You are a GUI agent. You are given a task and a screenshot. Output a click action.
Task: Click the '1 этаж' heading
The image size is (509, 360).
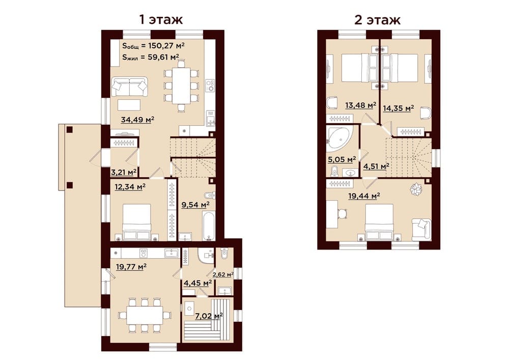click(x=161, y=19)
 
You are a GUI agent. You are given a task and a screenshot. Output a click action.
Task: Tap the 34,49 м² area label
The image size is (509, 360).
click(x=137, y=120)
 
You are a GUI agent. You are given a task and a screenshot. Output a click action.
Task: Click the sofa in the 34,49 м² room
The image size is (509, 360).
click(x=129, y=87)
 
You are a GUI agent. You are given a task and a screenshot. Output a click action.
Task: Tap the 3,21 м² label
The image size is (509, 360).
click(x=123, y=172)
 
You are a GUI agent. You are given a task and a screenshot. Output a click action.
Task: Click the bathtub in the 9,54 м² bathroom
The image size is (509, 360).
click(x=208, y=226)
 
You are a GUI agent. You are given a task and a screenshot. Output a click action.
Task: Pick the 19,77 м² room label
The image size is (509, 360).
click(x=131, y=267)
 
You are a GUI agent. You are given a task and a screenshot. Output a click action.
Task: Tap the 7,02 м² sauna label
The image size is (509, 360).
click(x=208, y=316)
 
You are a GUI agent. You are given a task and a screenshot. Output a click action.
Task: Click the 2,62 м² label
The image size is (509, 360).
click(x=223, y=274)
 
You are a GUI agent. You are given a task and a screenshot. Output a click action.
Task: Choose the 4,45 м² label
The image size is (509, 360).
click(x=197, y=283)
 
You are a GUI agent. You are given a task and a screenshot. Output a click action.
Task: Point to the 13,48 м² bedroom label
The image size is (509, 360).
click(x=361, y=105)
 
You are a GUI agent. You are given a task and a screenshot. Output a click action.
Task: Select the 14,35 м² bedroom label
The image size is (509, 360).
click(x=399, y=108)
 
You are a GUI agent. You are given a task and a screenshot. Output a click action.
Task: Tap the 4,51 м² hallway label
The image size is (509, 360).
click(x=376, y=167)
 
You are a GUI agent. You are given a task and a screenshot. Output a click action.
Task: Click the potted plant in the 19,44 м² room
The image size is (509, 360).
click(x=415, y=189)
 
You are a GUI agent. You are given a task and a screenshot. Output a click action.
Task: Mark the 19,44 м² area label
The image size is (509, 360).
click(x=364, y=196)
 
